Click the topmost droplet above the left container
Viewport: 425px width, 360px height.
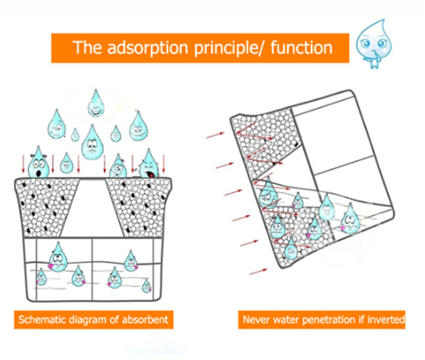click(x=95, y=104)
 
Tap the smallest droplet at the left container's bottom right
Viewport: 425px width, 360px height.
click(x=146, y=286)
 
